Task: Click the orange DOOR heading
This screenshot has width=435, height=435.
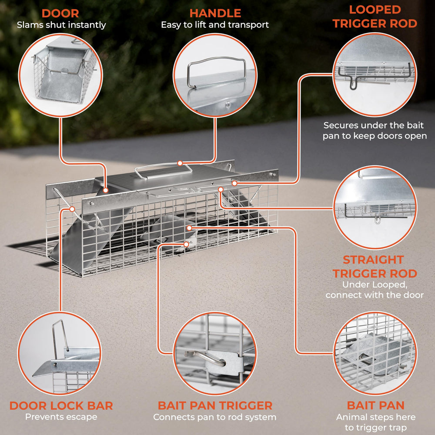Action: tap(60, 13)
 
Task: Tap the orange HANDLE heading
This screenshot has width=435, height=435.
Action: tap(215, 13)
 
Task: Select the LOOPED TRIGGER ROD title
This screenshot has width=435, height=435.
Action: tap(375, 17)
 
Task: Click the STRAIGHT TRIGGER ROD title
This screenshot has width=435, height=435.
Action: tap(375, 267)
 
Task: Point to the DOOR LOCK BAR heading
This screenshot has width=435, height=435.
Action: tap(61, 405)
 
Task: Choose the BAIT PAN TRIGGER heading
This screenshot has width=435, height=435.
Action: tap(215, 405)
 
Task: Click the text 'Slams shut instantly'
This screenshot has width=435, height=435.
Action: tap(61, 25)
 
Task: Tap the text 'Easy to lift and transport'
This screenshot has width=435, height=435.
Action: tap(215, 25)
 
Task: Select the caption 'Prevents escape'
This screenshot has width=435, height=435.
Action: tap(61, 417)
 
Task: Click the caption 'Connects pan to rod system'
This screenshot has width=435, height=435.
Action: tap(215, 417)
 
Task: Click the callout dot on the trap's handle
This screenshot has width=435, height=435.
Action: tap(180, 163)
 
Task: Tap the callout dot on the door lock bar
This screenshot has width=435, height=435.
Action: tap(72, 209)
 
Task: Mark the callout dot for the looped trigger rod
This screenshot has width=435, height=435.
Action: tap(234, 183)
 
